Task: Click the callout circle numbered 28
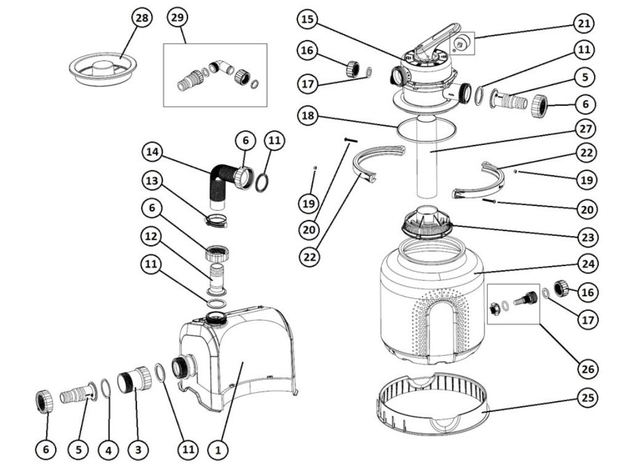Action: coord(142,18)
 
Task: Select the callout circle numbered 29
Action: coord(178,18)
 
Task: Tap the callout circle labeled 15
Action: coord(308,20)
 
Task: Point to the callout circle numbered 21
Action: coord(583,24)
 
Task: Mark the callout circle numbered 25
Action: coord(588,398)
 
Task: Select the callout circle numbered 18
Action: coord(308,114)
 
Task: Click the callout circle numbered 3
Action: coord(138,450)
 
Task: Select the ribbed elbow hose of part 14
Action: coord(219,182)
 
